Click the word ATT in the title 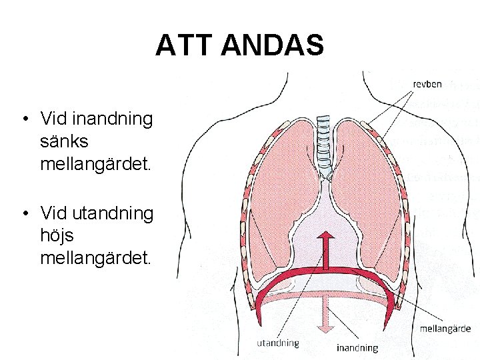[x=184, y=45]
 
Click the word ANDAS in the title [x=273, y=45]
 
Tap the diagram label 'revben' [x=427, y=84]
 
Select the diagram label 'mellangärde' [x=445, y=329]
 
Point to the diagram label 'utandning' [x=278, y=343]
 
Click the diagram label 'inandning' [x=357, y=348]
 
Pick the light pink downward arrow [x=325, y=315]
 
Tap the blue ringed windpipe [x=323, y=146]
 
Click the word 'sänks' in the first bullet [x=64, y=141]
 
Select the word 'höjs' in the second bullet [x=57, y=236]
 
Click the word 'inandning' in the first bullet [x=113, y=119]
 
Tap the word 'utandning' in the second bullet [x=113, y=213]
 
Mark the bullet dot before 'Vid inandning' [x=26, y=119]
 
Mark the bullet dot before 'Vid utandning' [x=26, y=213]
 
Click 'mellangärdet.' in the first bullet [x=95, y=165]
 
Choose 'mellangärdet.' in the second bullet [x=95, y=259]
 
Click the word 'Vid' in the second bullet [x=53, y=213]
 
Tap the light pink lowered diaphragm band [x=325, y=295]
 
